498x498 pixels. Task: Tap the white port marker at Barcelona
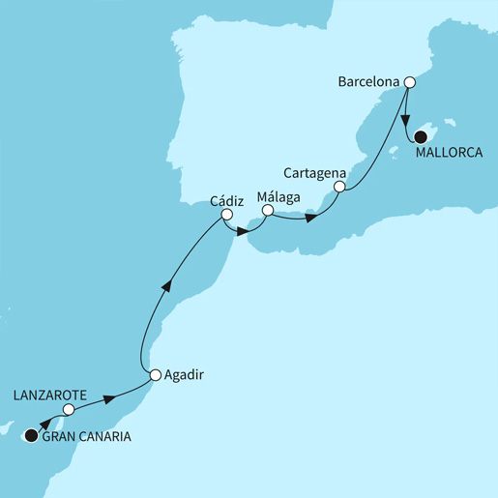click(x=410, y=82)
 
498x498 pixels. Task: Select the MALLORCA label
click(x=449, y=152)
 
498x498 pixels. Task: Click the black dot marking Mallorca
click(x=420, y=137)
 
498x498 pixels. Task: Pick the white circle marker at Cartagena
click(x=339, y=186)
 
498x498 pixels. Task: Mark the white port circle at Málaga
click(x=268, y=210)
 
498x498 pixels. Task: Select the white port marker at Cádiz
click(x=226, y=215)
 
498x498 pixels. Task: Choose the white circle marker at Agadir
click(x=155, y=374)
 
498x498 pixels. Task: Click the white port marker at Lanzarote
click(x=68, y=411)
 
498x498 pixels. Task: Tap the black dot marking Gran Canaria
click(x=32, y=436)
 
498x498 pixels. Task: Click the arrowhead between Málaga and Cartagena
click(x=311, y=218)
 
